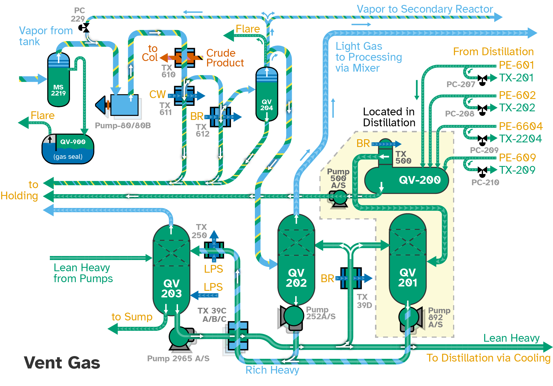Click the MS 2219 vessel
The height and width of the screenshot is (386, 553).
[x=58, y=80]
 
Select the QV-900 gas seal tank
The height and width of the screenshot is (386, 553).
[x=68, y=149]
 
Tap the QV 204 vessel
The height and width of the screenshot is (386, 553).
[x=267, y=94]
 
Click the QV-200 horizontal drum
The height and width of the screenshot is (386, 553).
[x=406, y=180]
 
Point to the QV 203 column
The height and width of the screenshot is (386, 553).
[x=171, y=270]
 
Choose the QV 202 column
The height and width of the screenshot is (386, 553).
[x=296, y=260]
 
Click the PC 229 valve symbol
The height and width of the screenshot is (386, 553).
[x=84, y=28]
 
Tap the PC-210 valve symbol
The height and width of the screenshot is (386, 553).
[x=482, y=172]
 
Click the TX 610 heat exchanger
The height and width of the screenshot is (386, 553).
[x=185, y=58]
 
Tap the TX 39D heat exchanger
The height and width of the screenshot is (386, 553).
[x=351, y=278]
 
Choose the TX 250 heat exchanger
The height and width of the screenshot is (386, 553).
[x=214, y=250]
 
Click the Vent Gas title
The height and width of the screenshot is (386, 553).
[x=62, y=362]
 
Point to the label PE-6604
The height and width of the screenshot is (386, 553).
[x=521, y=126]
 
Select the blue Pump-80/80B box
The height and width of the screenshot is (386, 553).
[x=124, y=105]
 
